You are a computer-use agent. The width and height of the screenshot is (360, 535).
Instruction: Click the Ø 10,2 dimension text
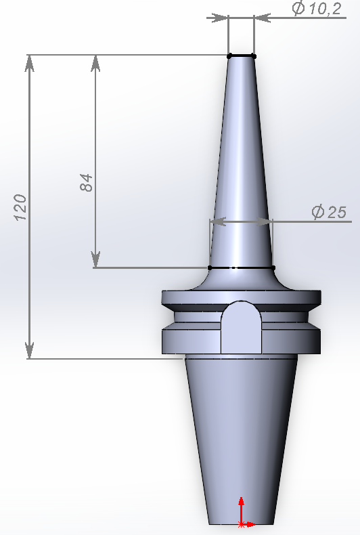click(315, 9)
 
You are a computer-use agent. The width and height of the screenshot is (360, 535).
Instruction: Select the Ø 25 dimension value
click(329, 212)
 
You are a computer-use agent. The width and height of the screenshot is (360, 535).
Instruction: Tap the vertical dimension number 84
click(86, 182)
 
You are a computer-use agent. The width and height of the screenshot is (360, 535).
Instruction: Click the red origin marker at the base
click(242, 523)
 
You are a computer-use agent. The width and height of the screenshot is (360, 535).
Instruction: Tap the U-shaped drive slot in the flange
click(241, 326)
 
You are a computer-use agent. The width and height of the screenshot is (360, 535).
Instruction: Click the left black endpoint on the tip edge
click(229, 55)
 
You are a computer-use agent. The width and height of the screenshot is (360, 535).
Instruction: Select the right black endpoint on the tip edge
click(254, 55)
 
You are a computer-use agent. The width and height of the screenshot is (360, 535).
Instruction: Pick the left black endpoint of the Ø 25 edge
click(210, 268)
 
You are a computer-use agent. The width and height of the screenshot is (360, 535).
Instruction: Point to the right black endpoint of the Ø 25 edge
click(273, 268)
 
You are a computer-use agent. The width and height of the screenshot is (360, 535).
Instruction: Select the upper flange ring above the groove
click(196, 298)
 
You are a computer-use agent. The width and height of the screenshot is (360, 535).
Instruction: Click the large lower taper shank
click(241, 433)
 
